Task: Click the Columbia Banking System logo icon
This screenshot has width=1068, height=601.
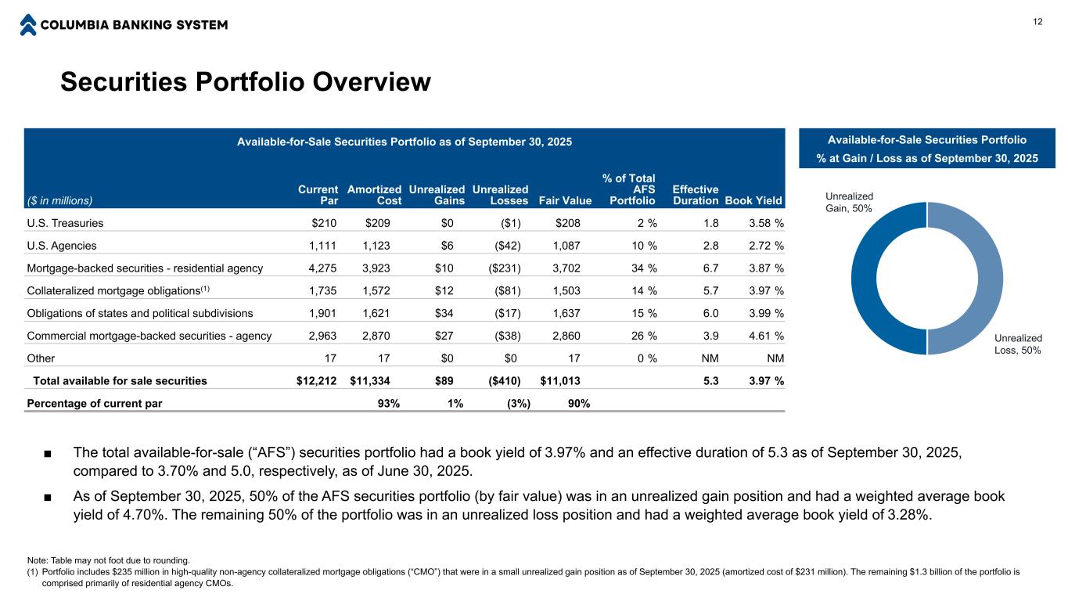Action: click(28, 24)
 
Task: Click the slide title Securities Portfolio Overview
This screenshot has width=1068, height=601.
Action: click(246, 82)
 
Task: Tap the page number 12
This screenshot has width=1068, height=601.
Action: click(1037, 21)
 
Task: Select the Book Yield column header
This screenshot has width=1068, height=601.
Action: click(754, 200)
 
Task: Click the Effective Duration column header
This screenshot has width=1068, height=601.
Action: click(696, 195)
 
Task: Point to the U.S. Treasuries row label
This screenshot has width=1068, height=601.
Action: click(65, 223)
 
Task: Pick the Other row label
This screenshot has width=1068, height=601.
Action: click(41, 358)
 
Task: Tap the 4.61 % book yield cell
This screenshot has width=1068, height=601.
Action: click(766, 336)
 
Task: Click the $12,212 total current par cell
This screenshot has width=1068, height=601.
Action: click(312, 381)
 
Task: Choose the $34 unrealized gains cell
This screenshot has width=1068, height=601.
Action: click(452, 313)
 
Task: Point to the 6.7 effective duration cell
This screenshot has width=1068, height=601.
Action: click(710, 268)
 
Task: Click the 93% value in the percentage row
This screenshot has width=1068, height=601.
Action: click(389, 404)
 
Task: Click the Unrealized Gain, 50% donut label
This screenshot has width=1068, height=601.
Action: click(849, 202)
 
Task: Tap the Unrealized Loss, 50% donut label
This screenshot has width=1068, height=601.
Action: click(1017, 344)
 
